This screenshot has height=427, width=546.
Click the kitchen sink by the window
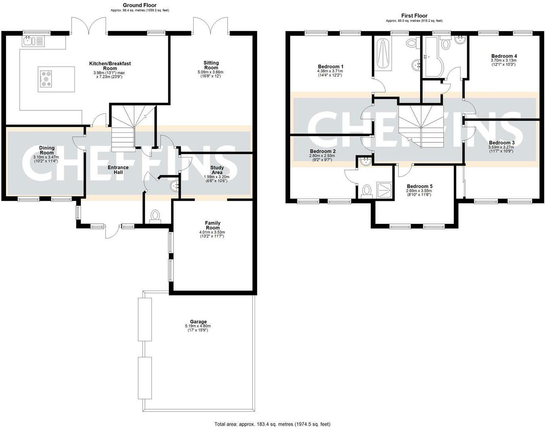[33, 41]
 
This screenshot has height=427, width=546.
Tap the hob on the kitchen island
[46, 79]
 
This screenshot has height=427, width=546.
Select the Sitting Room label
[211, 65]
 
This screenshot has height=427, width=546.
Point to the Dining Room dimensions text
[46, 159]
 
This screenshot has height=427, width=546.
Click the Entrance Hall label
[118, 170]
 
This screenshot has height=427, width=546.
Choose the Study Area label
[217, 170]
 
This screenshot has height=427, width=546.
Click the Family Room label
[213, 225]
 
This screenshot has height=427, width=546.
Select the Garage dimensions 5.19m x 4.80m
[198, 326]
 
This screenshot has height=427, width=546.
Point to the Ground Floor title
[140, 5]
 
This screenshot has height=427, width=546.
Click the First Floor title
[414, 15]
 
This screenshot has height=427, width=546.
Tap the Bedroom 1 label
[331, 66]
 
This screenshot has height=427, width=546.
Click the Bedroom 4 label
[504, 56]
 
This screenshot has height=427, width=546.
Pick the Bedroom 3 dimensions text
[501, 149]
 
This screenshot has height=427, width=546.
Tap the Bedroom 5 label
[420, 186]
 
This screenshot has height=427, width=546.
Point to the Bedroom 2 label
[323, 151]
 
